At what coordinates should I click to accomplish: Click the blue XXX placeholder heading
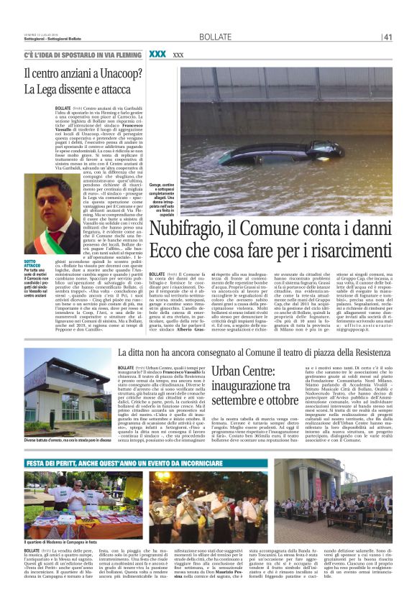pyautogui.click(x=157, y=55)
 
